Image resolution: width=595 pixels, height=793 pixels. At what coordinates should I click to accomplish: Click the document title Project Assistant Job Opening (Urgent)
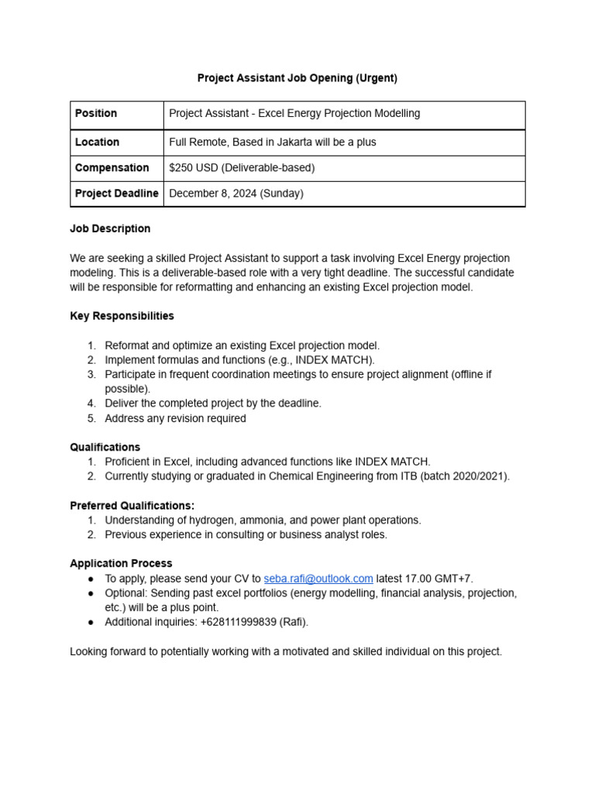click(297, 78)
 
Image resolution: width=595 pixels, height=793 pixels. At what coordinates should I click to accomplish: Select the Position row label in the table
click(96, 114)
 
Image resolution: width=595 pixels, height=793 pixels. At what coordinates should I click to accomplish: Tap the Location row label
click(97, 142)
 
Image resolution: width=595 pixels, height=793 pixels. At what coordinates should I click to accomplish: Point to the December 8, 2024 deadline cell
click(236, 194)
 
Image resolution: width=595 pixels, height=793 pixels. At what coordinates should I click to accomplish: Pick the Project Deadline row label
click(116, 194)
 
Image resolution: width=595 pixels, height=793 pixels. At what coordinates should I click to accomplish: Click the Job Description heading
click(110, 229)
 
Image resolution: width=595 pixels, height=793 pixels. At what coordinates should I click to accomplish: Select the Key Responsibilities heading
click(122, 316)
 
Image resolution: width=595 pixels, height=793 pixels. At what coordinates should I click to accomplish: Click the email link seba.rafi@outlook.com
click(318, 578)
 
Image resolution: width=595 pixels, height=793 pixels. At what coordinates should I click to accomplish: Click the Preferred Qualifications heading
click(132, 506)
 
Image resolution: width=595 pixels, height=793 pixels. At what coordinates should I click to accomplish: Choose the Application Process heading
click(121, 564)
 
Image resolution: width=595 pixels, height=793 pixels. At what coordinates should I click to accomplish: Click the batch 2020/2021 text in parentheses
click(465, 476)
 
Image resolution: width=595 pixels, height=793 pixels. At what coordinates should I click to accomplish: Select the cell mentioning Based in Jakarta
click(273, 142)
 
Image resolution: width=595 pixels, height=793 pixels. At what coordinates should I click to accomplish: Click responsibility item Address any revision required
click(175, 418)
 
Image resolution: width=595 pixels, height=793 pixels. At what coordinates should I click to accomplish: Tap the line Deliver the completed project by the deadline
click(212, 403)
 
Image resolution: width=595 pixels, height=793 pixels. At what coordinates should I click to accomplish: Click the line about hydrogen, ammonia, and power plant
click(263, 520)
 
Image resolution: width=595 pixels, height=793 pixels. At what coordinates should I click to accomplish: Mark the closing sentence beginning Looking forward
click(286, 652)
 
